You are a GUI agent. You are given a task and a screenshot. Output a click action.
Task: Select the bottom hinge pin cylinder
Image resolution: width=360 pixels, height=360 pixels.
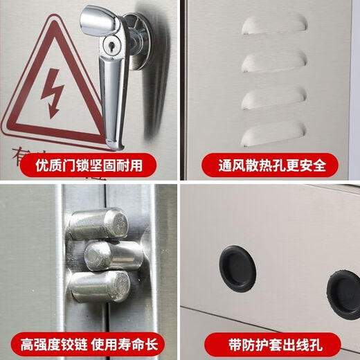tap(102, 286)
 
